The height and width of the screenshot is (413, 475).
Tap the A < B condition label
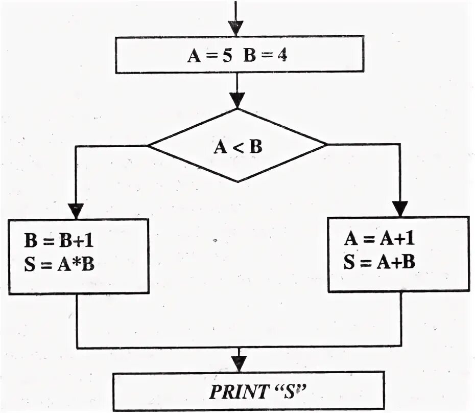pos(237,147)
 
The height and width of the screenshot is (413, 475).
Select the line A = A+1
pos(378,239)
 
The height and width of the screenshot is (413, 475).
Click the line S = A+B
pos(378,262)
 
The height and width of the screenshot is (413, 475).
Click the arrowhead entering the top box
pos(236,28)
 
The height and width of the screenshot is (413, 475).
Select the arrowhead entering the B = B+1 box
pos(76,210)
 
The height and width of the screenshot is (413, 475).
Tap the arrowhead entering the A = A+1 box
pos(400,208)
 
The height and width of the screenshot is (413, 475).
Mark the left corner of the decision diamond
pos(149,146)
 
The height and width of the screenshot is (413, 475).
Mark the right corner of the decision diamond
pos(326,144)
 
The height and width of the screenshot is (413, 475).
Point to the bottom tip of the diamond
pos(237,181)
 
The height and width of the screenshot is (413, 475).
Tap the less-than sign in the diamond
pos(237,148)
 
